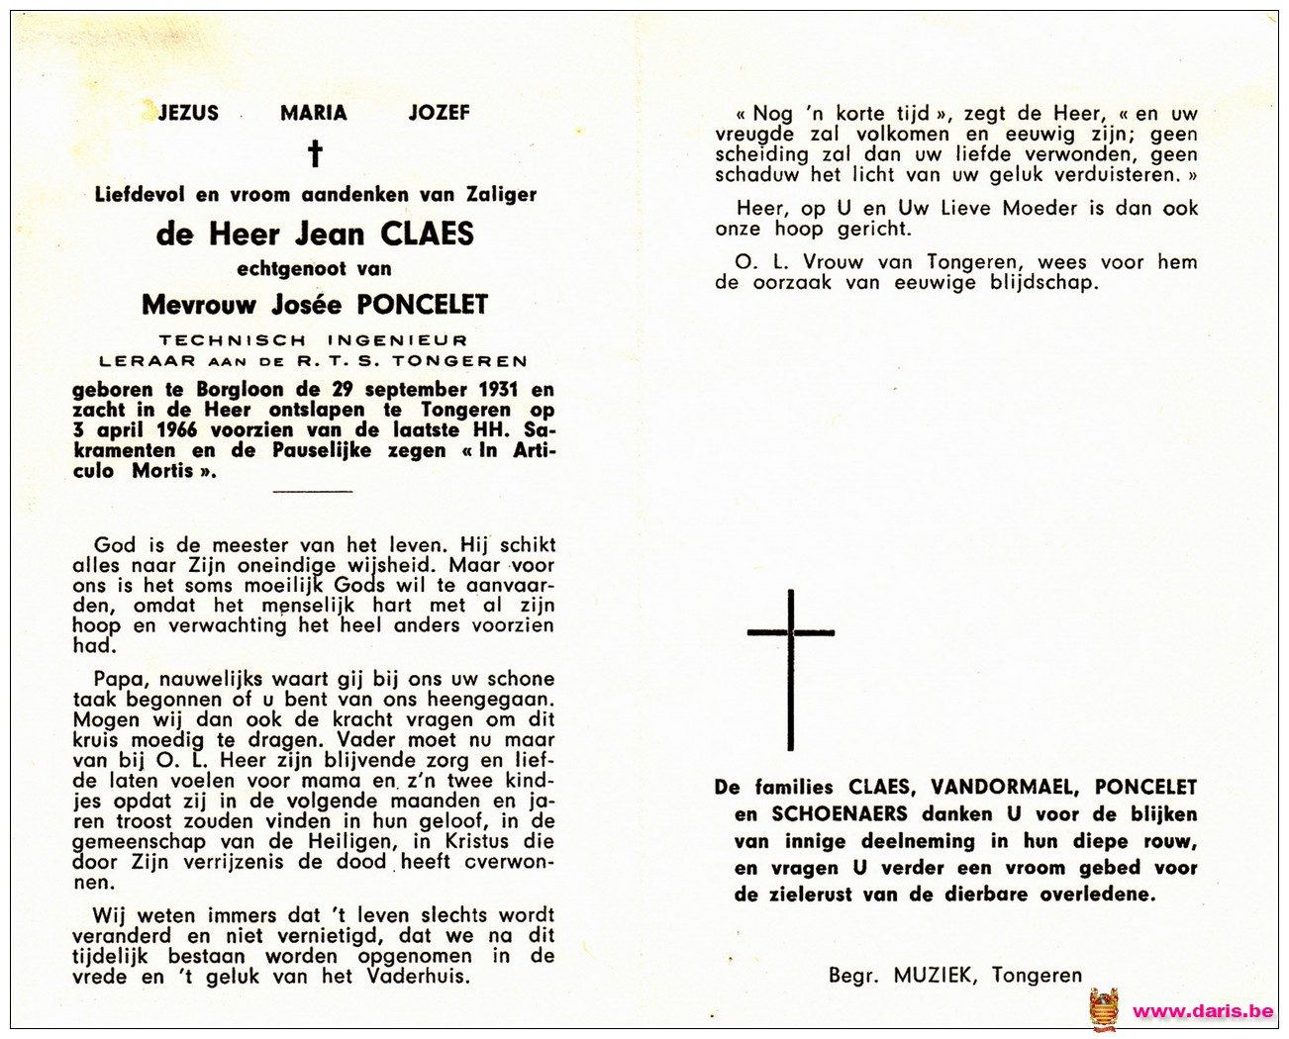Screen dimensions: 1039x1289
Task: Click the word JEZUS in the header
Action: [x=188, y=113]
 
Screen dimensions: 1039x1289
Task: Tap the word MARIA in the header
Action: [x=313, y=113]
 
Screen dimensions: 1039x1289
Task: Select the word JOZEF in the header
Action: [x=439, y=113]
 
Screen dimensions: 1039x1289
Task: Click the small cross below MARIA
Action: [x=315, y=153]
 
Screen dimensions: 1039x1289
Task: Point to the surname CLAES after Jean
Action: [x=427, y=234]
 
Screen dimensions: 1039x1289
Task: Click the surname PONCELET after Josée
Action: [x=423, y=305]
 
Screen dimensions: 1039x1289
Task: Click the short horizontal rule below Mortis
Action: [x=312, y=491]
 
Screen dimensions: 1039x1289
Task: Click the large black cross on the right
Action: [x=790, y=668]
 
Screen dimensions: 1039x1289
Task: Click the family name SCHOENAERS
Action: [x=840, y=814]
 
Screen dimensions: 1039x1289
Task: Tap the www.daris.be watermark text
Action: [x=1202, y=1011]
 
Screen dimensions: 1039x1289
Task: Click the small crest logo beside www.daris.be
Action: [x=1104, y=1009]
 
